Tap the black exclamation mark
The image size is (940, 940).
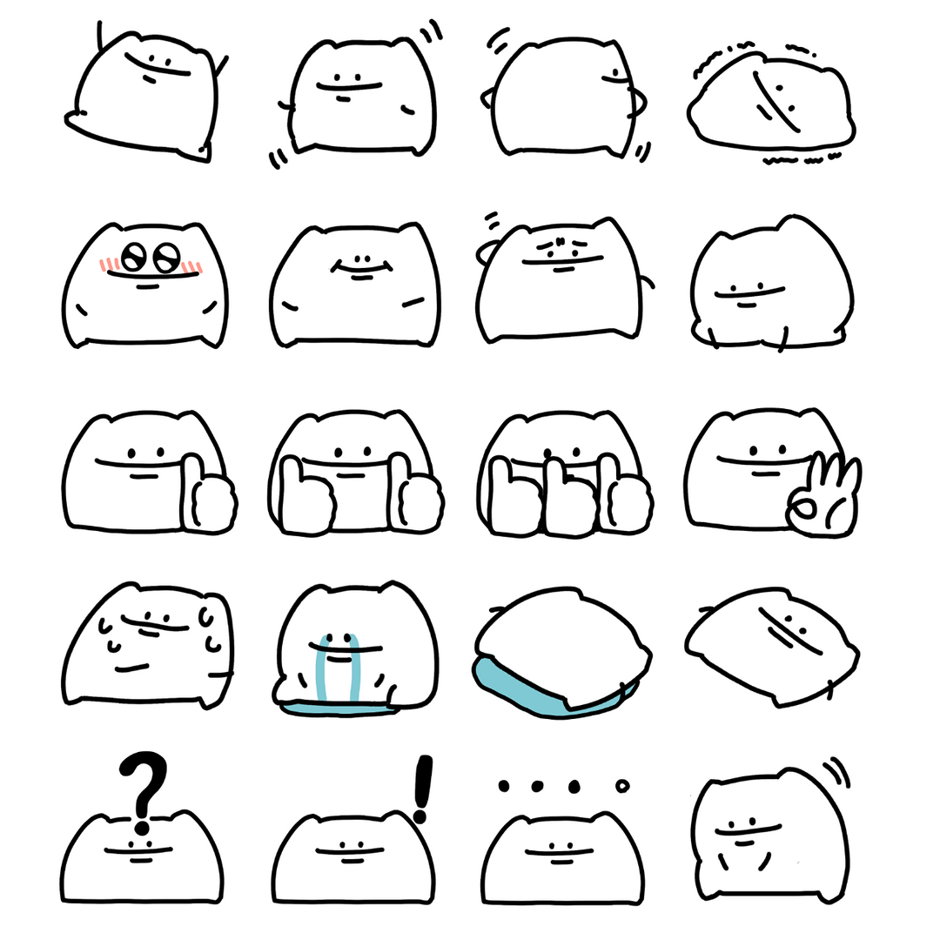423,788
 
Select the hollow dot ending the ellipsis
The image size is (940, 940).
621,787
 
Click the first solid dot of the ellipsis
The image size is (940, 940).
503,787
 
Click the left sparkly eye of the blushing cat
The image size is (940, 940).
133,258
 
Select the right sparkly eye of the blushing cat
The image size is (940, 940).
164,258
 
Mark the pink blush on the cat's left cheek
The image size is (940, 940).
107,264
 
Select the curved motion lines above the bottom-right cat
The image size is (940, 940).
837,769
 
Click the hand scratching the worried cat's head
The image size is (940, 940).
485,253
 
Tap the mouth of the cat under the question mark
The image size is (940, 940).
139,859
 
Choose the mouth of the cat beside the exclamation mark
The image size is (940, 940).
352,860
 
